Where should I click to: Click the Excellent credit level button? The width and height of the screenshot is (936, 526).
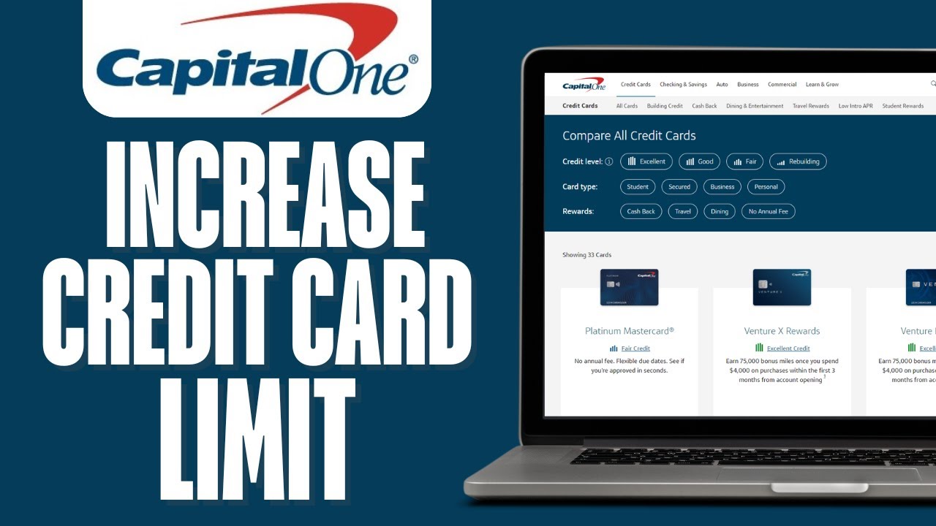[x=646, y=161]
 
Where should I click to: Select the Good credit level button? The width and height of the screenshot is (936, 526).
[x=699, y=161]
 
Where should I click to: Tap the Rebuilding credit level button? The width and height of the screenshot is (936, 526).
[x=798, y=161]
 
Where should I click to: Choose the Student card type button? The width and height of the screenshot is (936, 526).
[x=638, y=187]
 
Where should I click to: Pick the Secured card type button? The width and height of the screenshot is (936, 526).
[x=679, y=187]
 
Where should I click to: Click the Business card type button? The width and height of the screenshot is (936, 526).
[x=722, y=187]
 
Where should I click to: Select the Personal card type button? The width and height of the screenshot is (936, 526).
[x=766, y=187]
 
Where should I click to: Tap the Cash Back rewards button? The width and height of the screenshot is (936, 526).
[x=641, y=212]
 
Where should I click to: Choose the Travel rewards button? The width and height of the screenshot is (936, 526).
[x=682, y=212]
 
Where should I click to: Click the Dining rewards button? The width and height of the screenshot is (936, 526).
[x=720, y=212]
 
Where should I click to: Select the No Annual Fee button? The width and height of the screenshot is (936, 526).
[x=768, y=212]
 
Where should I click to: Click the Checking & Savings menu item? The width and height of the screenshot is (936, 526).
[x=683, y=85]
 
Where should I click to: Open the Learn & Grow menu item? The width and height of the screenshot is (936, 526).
[x=822, y=85]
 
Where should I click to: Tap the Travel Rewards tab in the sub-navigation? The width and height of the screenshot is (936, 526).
[x=811, y=106]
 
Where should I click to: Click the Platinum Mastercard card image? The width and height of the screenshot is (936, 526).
[x=629, y=287]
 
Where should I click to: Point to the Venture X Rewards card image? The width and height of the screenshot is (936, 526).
[x=782, y=287]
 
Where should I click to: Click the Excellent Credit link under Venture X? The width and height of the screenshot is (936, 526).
[x=788, y=348]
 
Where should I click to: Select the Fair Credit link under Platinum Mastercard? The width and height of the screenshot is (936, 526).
[x=635, y=348]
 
